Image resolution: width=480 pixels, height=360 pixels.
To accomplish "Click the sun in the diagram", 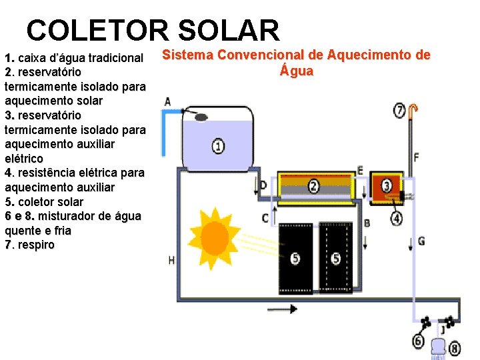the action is pos(214,239).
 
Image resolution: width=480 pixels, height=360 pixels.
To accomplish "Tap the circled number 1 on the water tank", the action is pos(218,146).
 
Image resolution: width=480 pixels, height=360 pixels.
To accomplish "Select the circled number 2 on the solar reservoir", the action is pos(314,186).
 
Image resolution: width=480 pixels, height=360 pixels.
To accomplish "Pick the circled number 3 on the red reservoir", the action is pos(387,185).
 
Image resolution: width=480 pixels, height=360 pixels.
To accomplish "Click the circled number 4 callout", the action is pos(397,219).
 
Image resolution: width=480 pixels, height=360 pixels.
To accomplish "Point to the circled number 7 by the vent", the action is pos(399,111).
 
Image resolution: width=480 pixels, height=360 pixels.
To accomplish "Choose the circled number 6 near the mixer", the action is pos(419,341).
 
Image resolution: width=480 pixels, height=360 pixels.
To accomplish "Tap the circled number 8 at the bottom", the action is pos(455,349).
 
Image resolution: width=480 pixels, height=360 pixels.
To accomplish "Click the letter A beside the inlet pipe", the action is pos(167,101).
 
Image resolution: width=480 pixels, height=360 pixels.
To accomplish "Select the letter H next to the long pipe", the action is pos(171,261).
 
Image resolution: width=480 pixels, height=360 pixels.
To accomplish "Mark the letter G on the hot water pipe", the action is pos(421,241).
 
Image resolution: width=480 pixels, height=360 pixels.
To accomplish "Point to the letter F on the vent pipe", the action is pos(416,157).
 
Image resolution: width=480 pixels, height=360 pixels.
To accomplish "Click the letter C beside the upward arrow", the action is pos(265,218).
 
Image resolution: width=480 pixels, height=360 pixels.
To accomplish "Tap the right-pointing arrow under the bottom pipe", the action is pos(282,309).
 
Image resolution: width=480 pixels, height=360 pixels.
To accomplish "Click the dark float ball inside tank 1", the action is pos(201,117).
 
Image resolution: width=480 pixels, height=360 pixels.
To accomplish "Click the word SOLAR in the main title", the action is pos(229,30).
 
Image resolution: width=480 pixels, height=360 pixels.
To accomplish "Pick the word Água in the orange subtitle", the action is pos(297,70).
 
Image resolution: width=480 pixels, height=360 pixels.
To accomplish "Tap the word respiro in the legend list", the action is pos(36,245).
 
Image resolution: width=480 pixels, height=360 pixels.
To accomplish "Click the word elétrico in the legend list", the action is pos(24,159).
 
